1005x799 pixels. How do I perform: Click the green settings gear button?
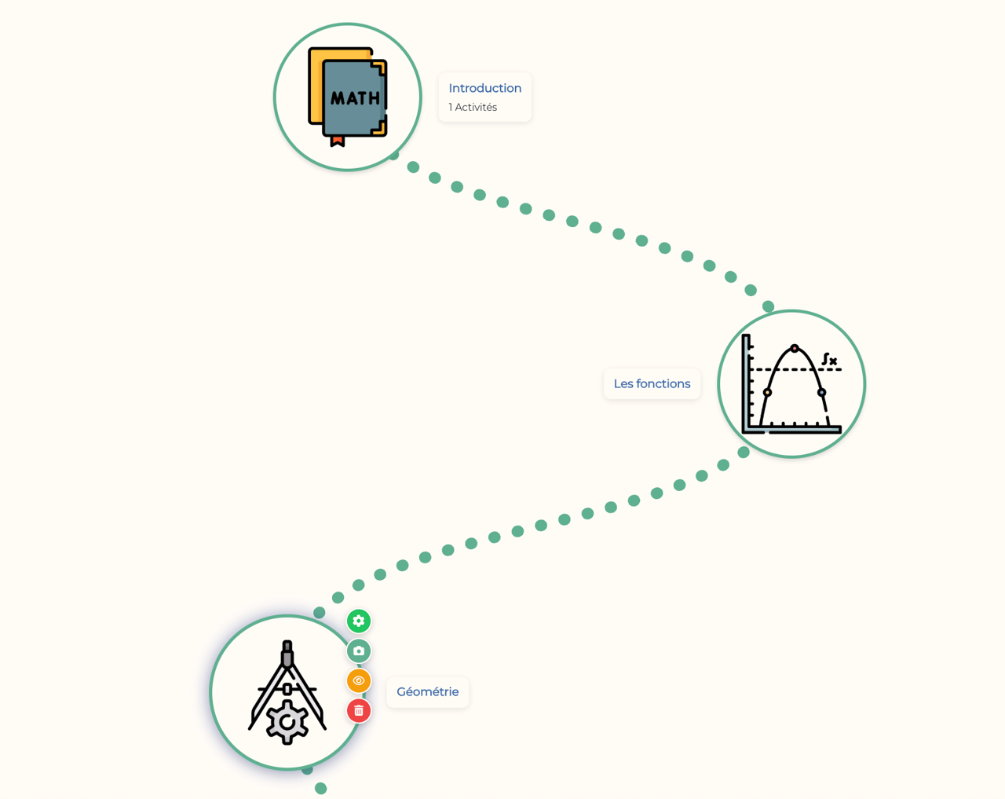359,621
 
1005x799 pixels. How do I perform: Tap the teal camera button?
359,651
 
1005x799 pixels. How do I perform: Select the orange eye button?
359,681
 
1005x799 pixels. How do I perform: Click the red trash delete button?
359,711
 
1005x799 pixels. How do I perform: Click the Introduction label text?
484,88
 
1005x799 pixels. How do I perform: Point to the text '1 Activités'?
473,107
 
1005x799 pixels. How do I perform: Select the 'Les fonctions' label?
652,383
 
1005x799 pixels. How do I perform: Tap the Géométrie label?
427,691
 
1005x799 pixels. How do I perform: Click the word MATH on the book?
355,98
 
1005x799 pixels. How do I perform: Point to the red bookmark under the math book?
337,141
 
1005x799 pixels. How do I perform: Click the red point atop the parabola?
795,349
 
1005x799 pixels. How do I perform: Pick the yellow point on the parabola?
767,393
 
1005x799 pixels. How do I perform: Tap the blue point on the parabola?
822,393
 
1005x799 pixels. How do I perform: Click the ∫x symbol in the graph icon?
829,359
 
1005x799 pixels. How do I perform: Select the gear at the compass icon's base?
287,722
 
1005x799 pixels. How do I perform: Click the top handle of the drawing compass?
287,653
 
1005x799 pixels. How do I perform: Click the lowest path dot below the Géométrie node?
321,789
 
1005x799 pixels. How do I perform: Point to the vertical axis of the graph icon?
746,383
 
